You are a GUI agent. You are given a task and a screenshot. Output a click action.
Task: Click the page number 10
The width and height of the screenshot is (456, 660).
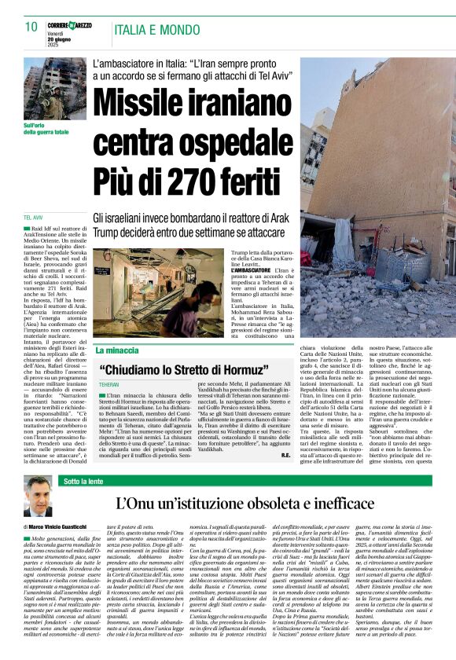point(31,26)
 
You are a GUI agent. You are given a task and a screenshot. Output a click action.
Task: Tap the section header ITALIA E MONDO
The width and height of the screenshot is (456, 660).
point(155,30)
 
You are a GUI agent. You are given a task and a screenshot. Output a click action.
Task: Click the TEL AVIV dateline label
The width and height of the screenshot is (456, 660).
point(33,218)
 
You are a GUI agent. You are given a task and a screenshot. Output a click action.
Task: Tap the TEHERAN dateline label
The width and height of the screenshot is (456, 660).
point(109,384)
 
